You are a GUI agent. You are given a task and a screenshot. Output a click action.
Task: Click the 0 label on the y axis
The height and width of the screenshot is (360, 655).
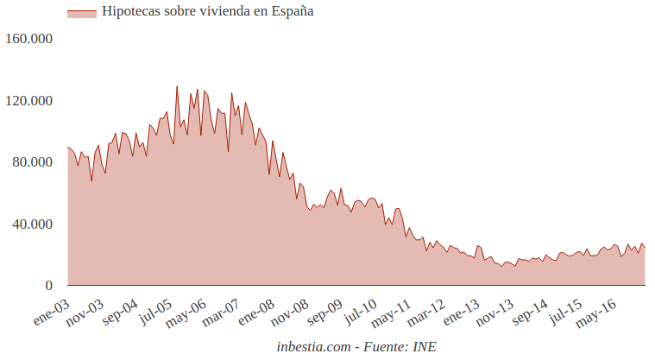(x=49, y=286)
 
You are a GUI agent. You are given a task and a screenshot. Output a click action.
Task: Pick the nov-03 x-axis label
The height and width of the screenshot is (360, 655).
(x=85, y=311)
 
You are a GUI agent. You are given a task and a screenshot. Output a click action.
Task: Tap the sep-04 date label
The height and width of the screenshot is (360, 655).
(x=120, y=311)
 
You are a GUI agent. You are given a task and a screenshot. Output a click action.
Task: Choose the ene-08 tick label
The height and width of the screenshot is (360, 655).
(x=256, y=311)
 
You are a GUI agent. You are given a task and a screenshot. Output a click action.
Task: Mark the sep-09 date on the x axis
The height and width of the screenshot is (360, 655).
(x=324, y=311)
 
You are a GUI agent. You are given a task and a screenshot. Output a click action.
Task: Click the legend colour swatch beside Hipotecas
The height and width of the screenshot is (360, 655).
(x=81, y=13)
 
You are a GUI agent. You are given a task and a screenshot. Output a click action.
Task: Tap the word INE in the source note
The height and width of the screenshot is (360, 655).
(x=425, y=346)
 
